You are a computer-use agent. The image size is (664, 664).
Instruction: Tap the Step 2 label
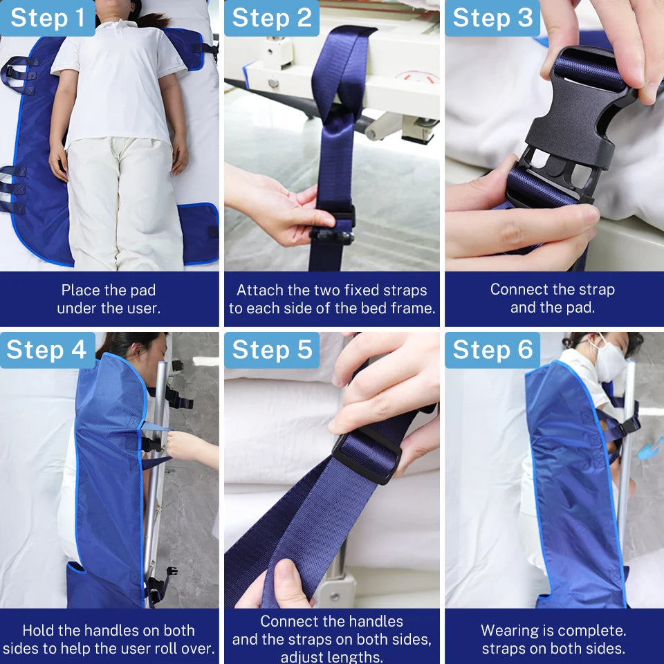[x=272, y=18]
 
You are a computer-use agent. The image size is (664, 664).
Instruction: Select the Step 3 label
[x=492, y=18]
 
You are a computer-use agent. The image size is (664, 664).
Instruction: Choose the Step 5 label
[x=272, y=350]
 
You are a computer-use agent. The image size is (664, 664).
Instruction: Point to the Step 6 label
[x=492, y=350]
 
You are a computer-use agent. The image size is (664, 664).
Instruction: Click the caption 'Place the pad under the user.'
[x=109, y=299]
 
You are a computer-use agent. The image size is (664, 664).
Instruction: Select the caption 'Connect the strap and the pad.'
[x=552, y=299]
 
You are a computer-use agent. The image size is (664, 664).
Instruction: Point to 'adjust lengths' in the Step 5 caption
[x=331, y=657]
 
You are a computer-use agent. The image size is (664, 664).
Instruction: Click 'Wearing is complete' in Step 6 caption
[x=553, y=631]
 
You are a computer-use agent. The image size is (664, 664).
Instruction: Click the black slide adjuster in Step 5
[x=367, y=453]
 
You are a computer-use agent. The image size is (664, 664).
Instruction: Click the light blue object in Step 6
[x=650, y=448]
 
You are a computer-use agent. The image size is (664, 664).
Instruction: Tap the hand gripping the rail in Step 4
[x=183, y=446]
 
